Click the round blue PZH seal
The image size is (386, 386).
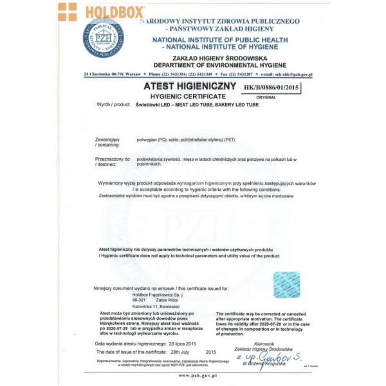104,38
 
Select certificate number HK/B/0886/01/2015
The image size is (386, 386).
273,86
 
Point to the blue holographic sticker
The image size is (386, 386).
286,284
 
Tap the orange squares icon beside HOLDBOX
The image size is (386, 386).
67,12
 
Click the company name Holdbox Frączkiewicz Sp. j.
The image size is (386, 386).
140,294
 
